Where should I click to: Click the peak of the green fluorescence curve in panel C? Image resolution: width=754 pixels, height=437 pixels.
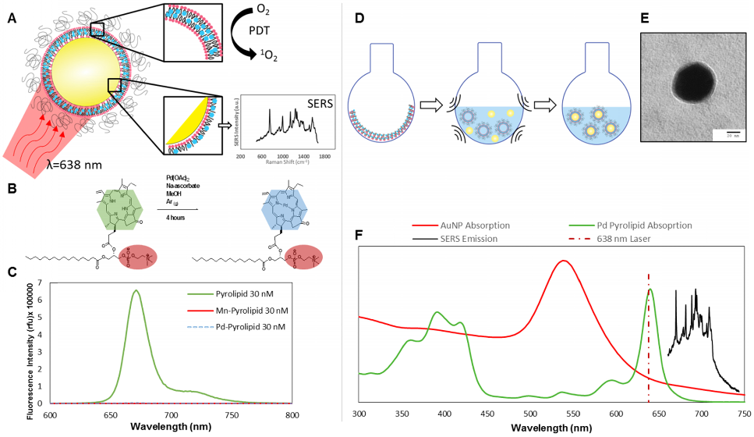click(x=136, y=291)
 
